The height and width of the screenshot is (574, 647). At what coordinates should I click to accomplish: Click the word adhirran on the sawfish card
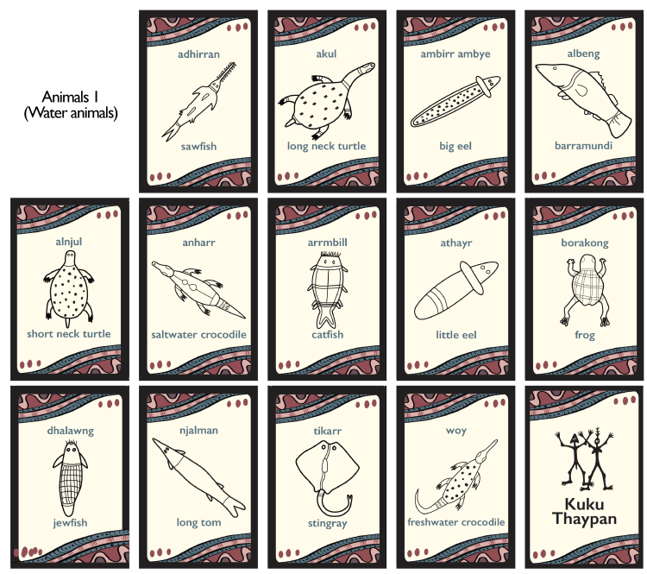(198, 54)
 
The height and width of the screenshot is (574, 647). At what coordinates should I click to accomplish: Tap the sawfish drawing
(198, 101)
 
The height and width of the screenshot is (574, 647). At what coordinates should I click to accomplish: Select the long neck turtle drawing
(326, 101)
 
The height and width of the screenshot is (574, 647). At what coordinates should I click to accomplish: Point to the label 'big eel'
(455, 146)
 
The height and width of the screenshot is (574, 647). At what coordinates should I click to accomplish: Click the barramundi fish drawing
(583, 100)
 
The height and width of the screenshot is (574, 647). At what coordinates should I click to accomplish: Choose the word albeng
(583, 54)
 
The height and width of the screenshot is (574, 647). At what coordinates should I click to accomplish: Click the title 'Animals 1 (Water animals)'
(71, 104)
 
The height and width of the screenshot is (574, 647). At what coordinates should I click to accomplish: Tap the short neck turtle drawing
(69, 289)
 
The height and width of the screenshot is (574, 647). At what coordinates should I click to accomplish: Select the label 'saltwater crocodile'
(198, 335)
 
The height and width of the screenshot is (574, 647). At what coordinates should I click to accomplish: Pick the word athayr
(456, 243)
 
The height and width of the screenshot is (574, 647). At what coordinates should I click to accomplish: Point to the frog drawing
(585, 290)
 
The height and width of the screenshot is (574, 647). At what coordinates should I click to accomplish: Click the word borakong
(585, 243)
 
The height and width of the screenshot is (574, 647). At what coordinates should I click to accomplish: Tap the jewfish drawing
(70, 478)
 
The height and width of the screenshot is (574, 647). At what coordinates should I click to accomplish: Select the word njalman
(198, 431)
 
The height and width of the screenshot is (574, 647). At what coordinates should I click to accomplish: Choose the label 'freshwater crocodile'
(456, 522)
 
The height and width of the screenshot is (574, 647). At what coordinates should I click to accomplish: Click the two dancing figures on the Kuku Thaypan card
(584, 458)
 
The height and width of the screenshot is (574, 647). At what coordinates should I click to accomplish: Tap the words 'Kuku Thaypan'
(584, 511)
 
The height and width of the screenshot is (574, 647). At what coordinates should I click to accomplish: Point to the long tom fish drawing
(198, 478)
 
